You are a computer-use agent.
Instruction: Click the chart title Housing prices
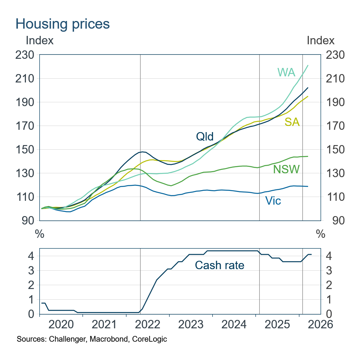pyautogui.click(x=63, y=24)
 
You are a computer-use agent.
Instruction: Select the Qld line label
pyautogui.click(x=205, y=136)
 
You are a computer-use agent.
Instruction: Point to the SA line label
pyautogui.click(x=292, y=122)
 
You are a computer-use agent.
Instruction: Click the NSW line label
pyautogui.click(x=286, y=169)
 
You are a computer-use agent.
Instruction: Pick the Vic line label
pyautogui.click(x=273, y=200)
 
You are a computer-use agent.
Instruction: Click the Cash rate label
pyautogui.click(x=220, y=265)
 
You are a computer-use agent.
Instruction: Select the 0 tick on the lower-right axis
pyautogui.click(x=327, y=314)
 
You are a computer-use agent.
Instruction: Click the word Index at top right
pyautogui.click(x=321, y=40)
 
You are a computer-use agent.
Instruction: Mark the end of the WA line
pyautogui.click(x=308, y=65)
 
